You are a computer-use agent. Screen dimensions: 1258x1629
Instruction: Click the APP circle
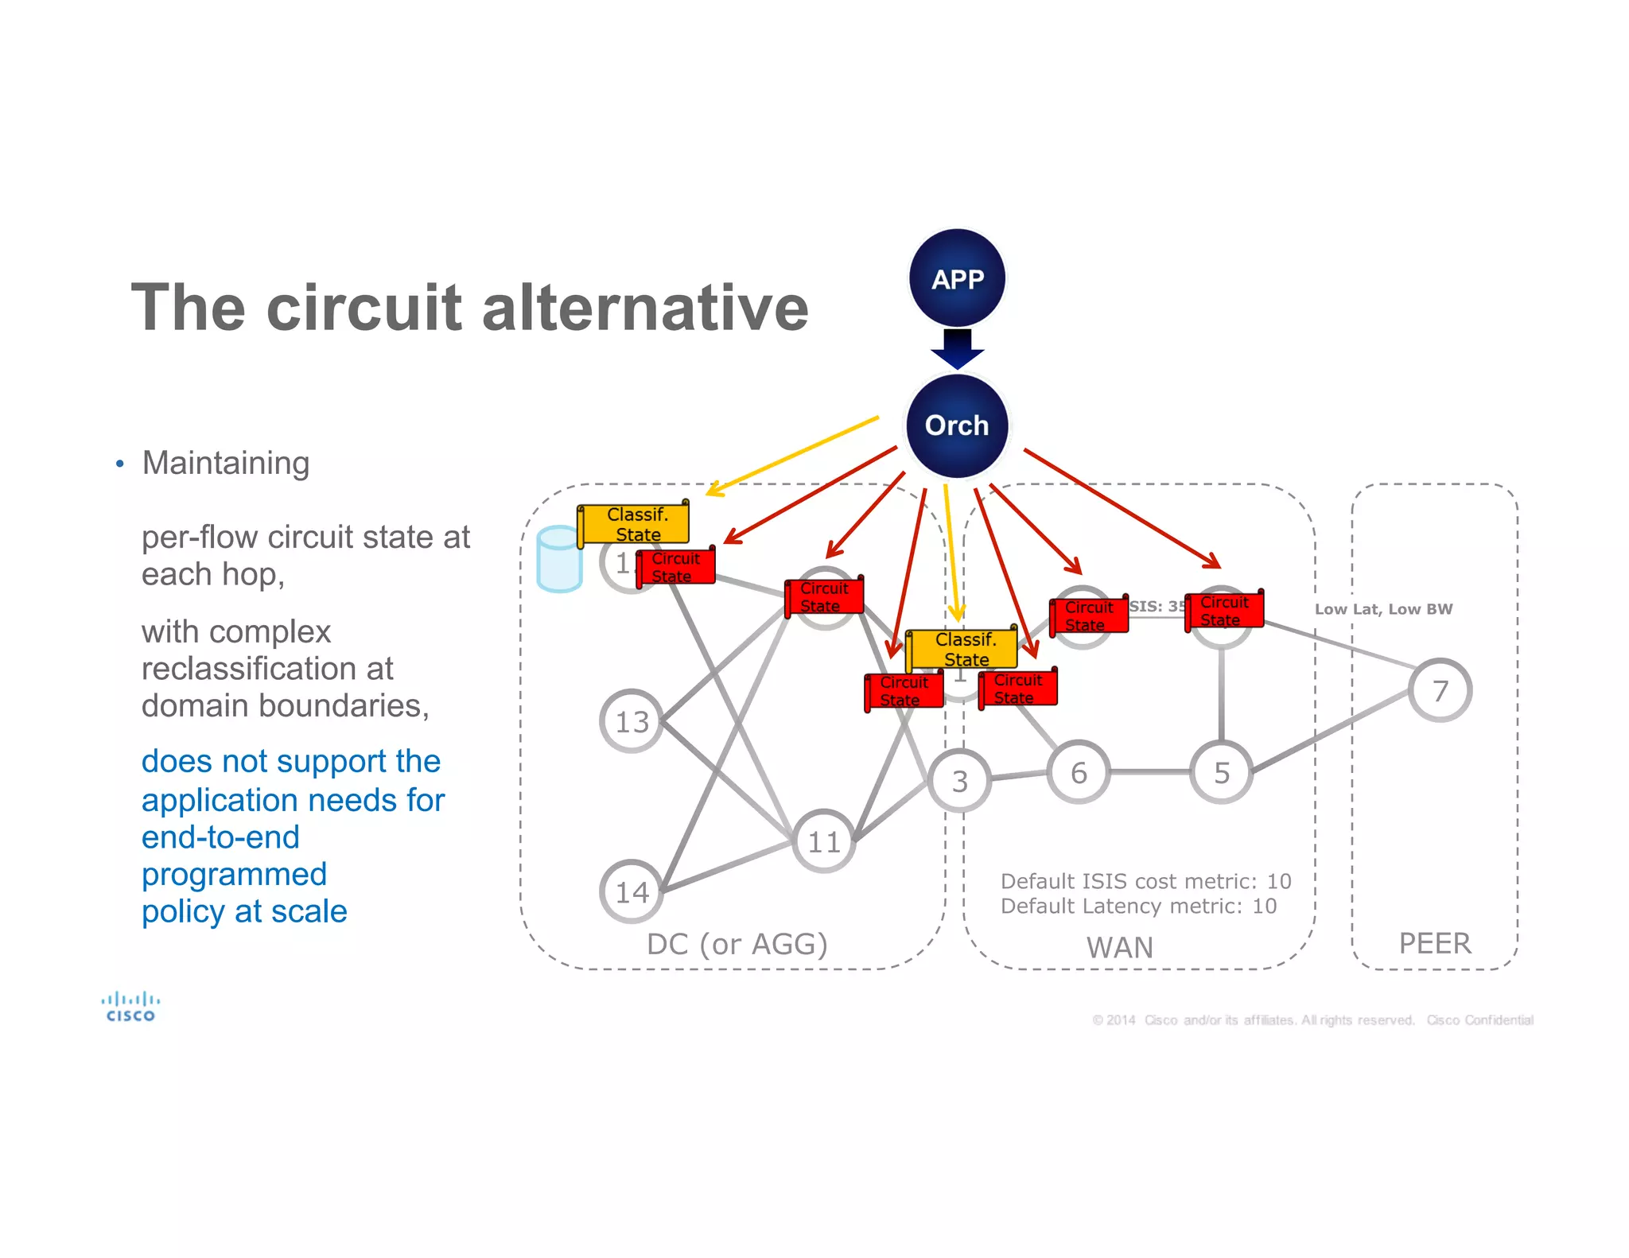[x=958, y=278]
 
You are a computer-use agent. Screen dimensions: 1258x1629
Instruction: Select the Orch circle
[x=957, y=425]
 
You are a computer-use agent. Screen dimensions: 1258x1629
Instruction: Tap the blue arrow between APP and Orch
[x=958, y=348]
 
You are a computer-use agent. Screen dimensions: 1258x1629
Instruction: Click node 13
[x=632, y=721]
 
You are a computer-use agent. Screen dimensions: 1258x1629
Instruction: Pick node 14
[x=632, y=891]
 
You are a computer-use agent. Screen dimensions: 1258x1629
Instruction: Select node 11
[x=824, y=841]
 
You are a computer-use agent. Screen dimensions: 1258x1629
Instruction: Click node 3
[x=960, y=781]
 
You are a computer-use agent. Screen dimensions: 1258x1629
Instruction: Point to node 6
[x=1079, y=772]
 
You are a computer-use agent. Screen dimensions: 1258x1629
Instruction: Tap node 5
[x=1222, y=772]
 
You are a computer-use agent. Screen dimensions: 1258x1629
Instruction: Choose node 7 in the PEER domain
[x=1440, y=690]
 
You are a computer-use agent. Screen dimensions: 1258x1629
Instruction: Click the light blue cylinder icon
[x=559, y=559]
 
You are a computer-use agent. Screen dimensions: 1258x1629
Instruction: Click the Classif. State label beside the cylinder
[x=635, y=524]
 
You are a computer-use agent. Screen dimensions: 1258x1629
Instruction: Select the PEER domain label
[x=1435, y=943]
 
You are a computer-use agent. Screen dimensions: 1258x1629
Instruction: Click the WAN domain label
[x=1119, y=947]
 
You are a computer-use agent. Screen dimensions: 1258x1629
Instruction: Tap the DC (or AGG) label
[x=737, y=944]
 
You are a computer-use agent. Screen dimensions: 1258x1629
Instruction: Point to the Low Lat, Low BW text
[x=1383, y=609]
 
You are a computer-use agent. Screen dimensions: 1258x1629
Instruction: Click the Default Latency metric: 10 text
[x=1138, y=906]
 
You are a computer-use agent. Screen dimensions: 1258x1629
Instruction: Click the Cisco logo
[x=130, y=1006]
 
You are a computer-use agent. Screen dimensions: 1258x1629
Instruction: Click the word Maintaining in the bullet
[x=226, y=463]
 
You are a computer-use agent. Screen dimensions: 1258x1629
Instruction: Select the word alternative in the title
[x=645, y=308]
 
